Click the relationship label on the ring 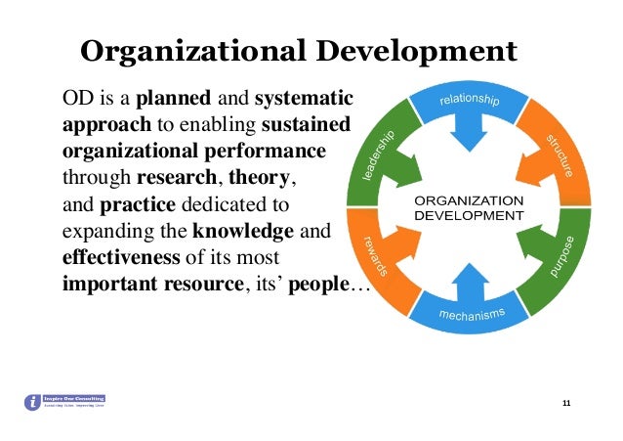click(x=470, y=101)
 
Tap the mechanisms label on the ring click(x=471, y=314)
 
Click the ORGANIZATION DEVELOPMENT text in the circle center click(x=469, y=207)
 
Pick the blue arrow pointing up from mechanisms click(x=470, y=282)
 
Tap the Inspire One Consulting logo click(x=64, y=401)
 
